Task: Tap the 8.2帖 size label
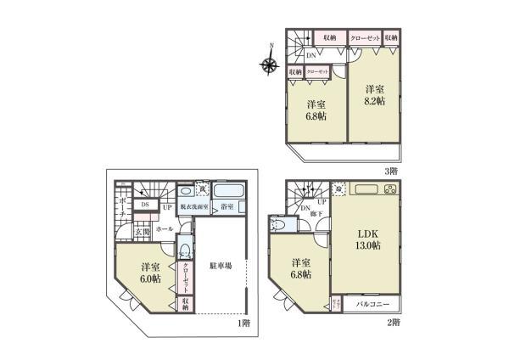(x=376, y=99)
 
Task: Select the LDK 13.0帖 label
(x=366, y=240)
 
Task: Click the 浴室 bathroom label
(x=227, y=205)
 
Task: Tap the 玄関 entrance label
(x=140, y=231)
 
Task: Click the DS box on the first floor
(x=144, y=204)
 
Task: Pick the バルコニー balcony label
(x=374, y=302)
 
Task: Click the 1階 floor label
(x=243, y=323)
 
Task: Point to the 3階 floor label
(x=391, y=170)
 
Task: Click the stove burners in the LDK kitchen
(x=389, y=189)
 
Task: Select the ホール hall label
(x=165, y=228)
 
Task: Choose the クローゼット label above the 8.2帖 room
(x=365, y=37)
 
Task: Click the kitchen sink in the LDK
(x=366, y=188)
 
